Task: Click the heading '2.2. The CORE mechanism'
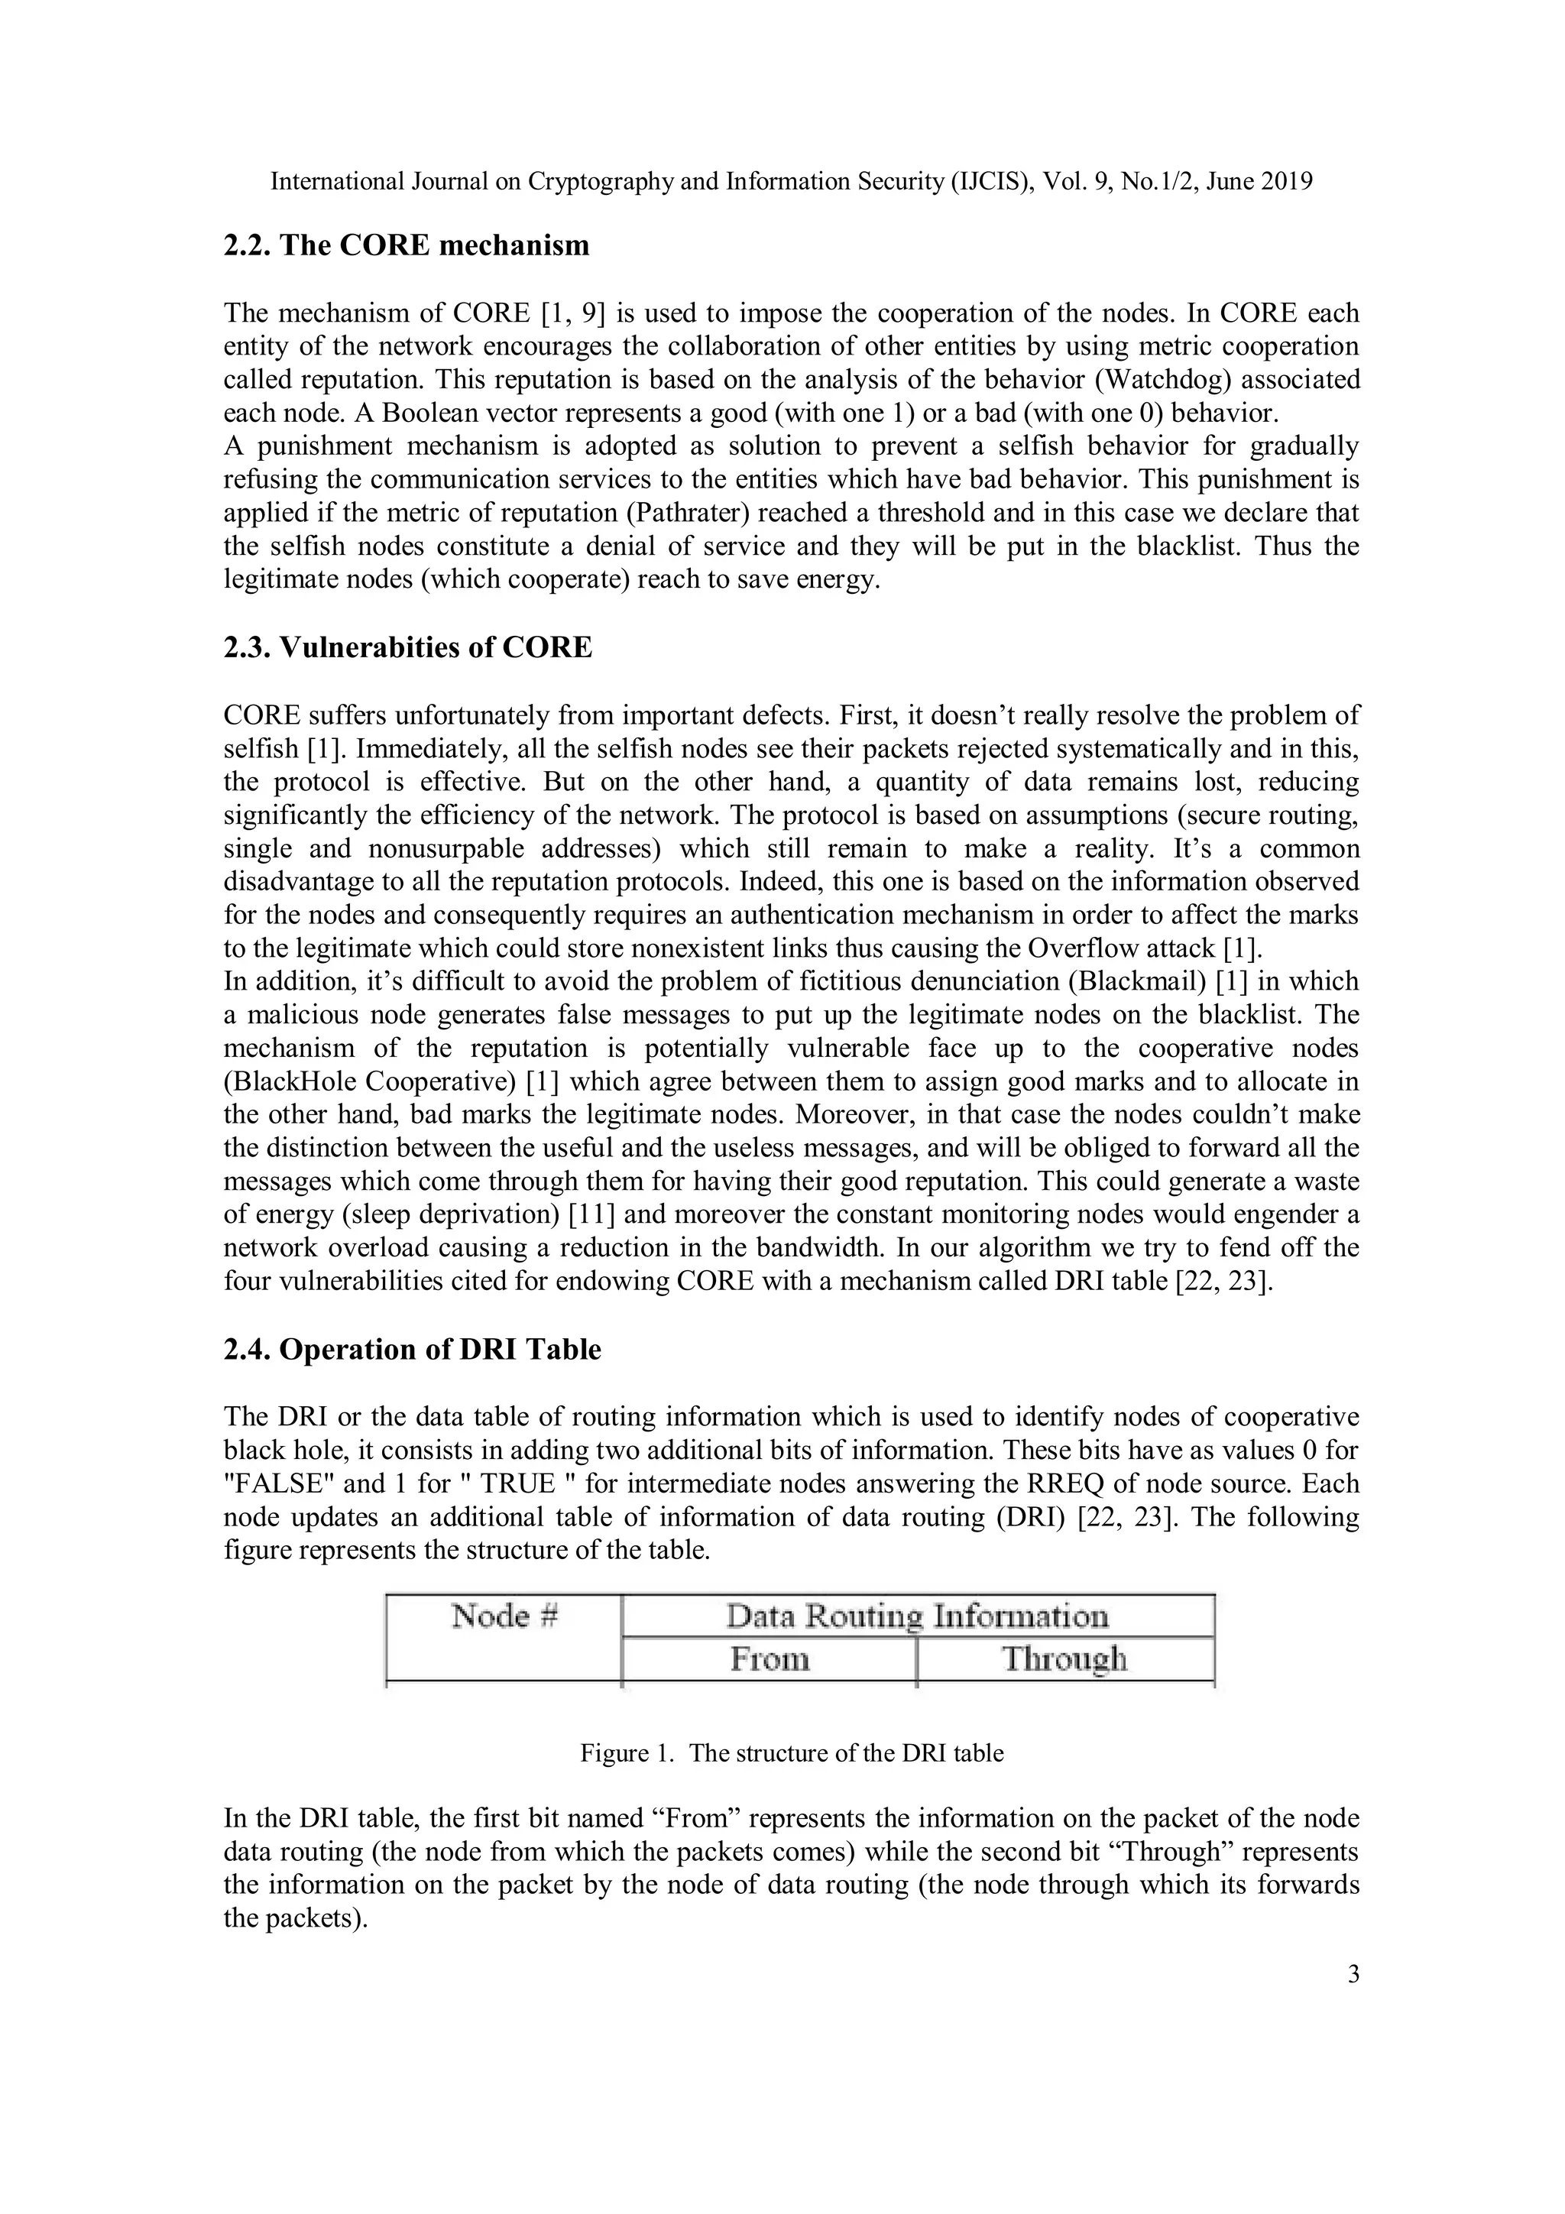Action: point(406,246)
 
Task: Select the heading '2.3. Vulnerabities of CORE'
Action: point(408,648)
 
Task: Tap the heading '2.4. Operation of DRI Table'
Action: point(412,1350)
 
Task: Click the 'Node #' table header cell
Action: point(504,1616)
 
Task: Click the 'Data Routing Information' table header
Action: point(917,1616)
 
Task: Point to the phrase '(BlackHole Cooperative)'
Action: point(371,1082)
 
